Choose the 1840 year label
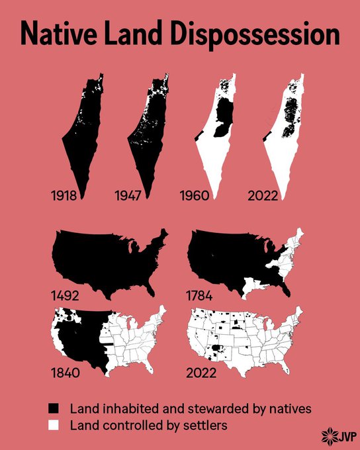coord(66,372)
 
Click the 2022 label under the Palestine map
coord(262,195)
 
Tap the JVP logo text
coord(343,436)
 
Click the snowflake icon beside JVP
coord(327,436)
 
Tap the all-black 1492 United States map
coord(106,258)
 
